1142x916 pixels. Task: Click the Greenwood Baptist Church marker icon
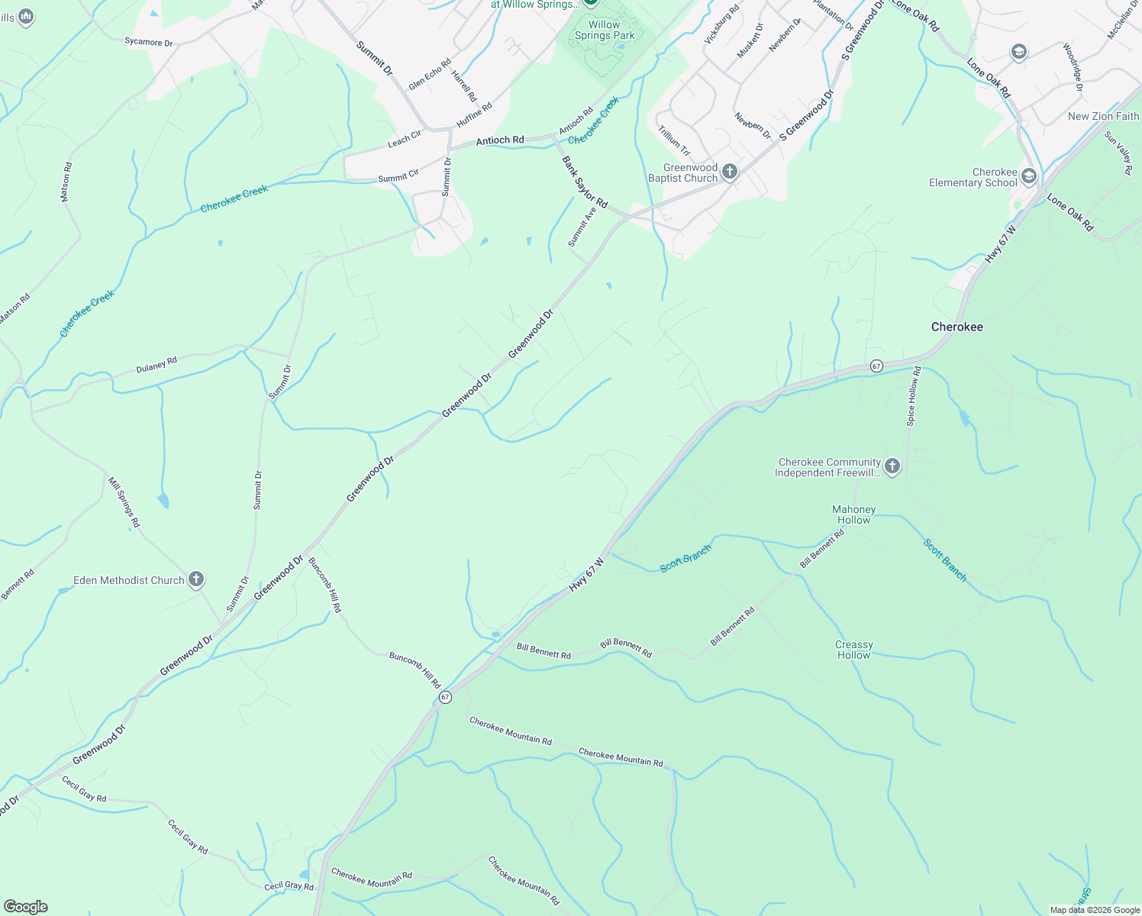coord(730,172)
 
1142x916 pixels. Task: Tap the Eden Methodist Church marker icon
coord(196,579)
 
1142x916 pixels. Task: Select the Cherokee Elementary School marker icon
coord(1028,176)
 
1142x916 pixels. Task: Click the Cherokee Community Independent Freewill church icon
coord(892,466)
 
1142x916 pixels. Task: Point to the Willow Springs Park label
coord(605,30)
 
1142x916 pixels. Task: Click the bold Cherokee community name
coord(957,327)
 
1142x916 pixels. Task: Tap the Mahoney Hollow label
coord(853,514)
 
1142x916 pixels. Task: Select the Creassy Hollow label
coord(853,650)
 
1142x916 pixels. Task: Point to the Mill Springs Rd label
coord(124,502)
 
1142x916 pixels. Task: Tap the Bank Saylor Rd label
coord(585,182)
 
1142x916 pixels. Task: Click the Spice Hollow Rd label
coord(914,395)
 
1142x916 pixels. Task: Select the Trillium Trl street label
coord(674,140)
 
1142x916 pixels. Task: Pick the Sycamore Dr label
coord(149,42)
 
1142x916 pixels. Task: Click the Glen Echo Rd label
coord(430,74)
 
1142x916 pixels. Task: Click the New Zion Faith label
coord(1103,116)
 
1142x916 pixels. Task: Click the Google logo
coord(26,907)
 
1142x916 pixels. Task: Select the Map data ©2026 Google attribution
coord(1094,910)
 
